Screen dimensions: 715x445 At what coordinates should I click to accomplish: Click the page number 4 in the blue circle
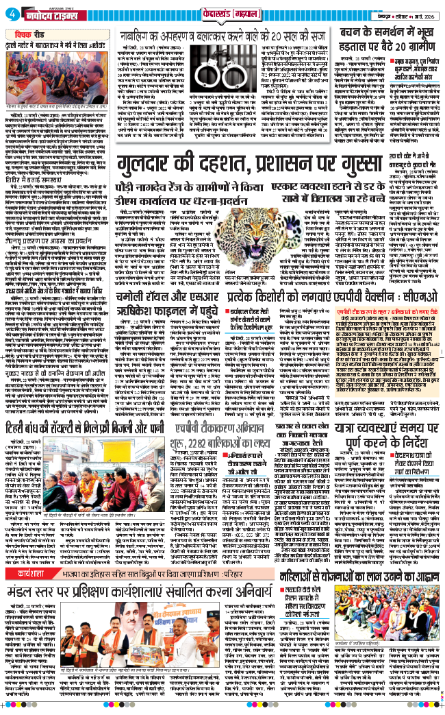(x=16, y=14)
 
